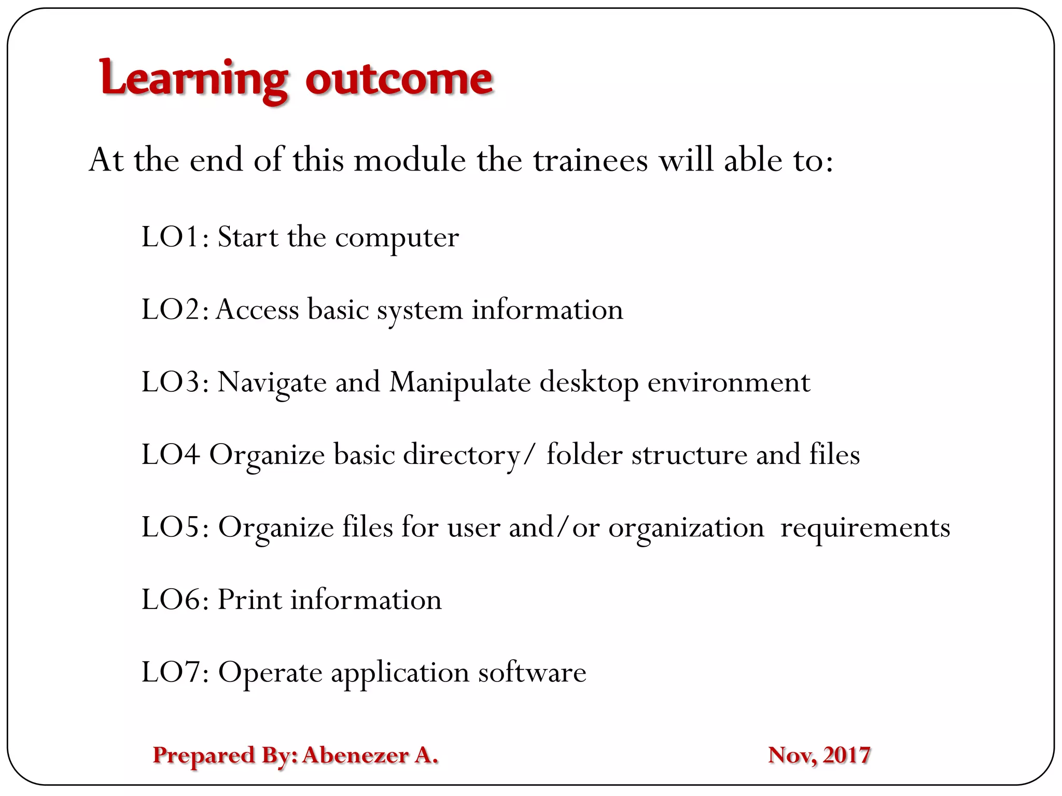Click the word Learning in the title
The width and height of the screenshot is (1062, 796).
click(x=193, y=79)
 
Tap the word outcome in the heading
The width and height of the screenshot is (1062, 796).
click(x=399, y=79)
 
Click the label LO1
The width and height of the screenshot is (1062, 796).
click(x=171, y=237)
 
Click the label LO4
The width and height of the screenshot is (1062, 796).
click(x=171, y=455)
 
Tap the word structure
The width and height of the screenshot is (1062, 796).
click(x=689, y=455)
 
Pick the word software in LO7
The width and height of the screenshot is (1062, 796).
click(x=532, y=672)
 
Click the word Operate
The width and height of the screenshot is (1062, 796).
click(x=270, y=673)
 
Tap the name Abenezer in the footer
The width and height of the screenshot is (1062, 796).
click(x=355, y=755)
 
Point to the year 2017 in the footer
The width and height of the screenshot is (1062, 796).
click(x=846, y=755)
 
